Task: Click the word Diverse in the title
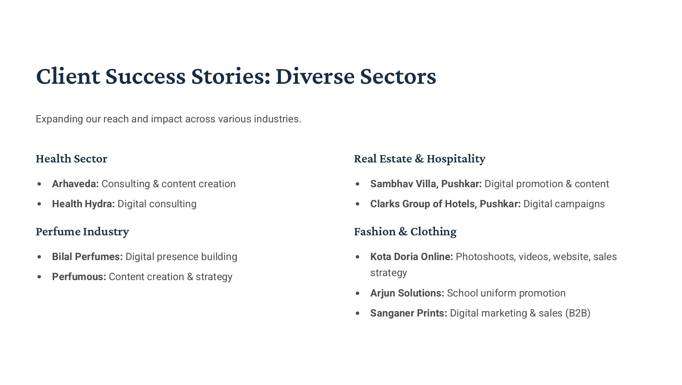[315, 76]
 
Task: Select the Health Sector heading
[72, 158]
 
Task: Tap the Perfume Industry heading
[83, 232]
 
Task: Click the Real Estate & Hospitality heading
[420, 159]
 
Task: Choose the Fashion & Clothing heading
[405, 232]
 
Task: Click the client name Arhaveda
[75, 184]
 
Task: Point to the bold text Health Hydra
[83, 204]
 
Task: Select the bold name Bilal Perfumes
[87, 256]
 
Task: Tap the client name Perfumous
[79, 276]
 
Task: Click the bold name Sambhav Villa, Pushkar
[426, 184]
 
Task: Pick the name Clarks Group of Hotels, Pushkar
[446, 204]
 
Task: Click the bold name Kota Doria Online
[412, 256]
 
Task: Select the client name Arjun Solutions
[407, 293]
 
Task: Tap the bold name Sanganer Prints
[409, 313]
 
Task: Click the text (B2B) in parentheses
[578, 313]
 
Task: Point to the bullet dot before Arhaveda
[39, 184]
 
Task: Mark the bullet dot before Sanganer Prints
[358, 313]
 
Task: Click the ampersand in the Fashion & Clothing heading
[403, 232]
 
